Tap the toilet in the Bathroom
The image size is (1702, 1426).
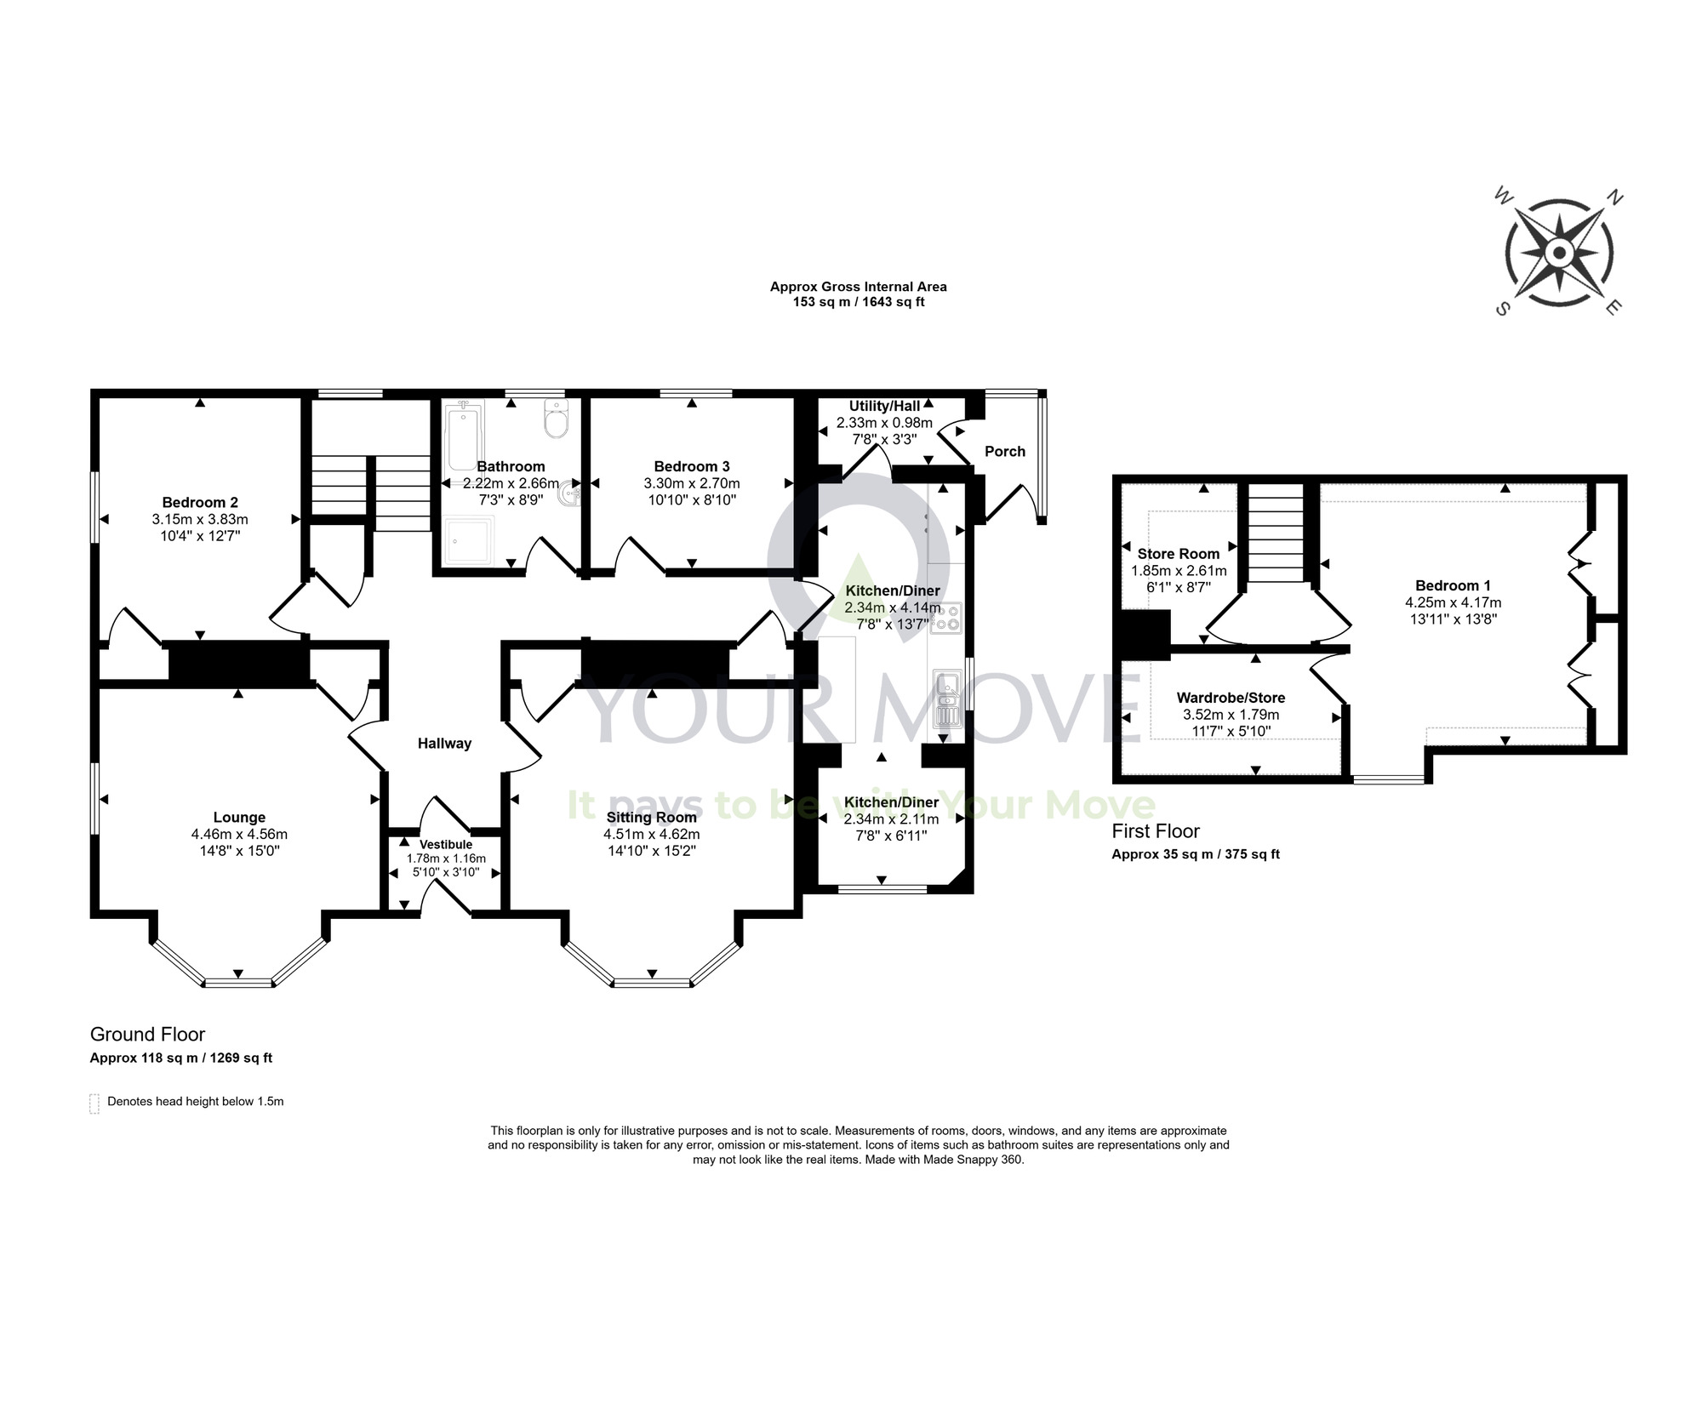pos(556,420)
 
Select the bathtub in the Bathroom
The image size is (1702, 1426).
pos(463,436)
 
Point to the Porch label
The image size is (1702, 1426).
pos(1004,451)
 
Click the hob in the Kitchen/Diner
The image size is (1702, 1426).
pos(945,619)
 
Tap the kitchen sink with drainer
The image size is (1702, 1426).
pos(946,699)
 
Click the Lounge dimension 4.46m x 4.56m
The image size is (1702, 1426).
pos(239,834)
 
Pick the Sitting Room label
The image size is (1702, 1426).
pos(651,817)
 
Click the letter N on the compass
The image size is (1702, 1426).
pos(1613,198)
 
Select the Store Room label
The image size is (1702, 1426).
pos(1178,554)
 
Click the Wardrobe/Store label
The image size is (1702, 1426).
pos(1230,698)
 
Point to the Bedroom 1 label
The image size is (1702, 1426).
pos(1452,585)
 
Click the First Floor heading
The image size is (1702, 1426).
pos(1155,831)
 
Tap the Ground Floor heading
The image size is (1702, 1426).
pos(147,1034)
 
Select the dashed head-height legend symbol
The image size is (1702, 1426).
pos(94,1103)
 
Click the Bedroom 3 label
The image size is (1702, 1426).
pos(691,466)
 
